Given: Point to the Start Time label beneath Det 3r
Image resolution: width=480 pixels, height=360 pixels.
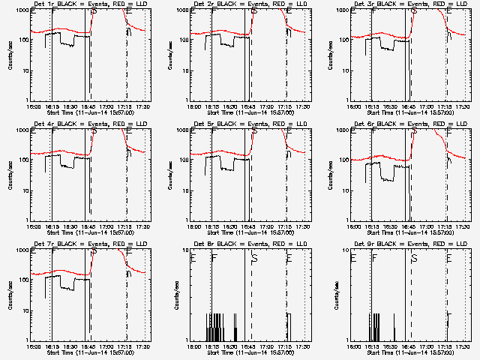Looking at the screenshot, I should (411, 112).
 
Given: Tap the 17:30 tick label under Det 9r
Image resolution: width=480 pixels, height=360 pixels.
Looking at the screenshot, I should (463, 347).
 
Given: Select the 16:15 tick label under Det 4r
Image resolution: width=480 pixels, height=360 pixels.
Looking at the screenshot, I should (52, 227).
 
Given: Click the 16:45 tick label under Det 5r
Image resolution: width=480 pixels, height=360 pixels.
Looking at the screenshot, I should (248, 227).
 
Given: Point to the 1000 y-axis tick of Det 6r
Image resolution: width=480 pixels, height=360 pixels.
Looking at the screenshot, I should (344, 131).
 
